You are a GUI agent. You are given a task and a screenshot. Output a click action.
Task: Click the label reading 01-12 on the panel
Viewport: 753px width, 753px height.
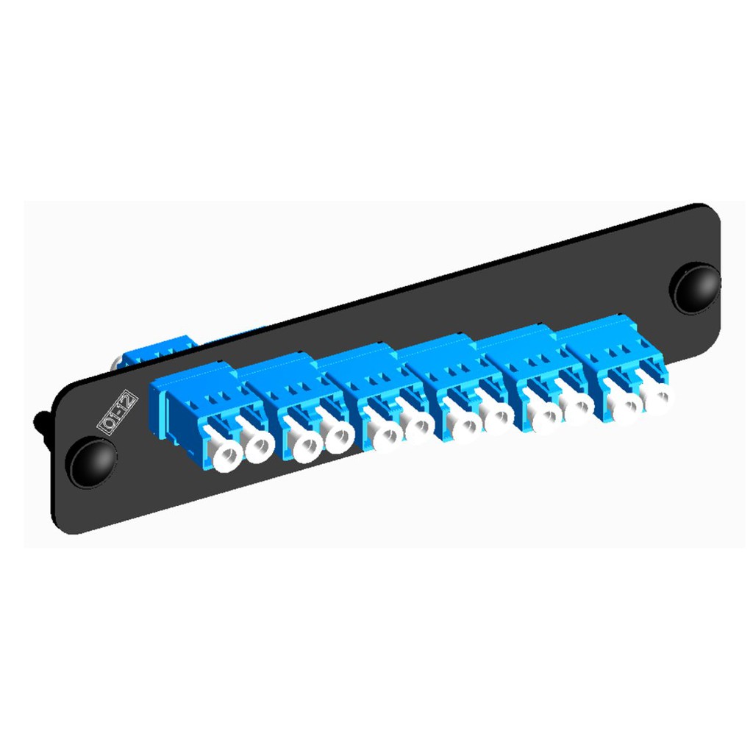pyautogui.click(x=117, y=413)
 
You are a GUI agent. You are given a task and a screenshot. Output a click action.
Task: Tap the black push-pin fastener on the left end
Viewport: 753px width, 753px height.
pyautogui.click(x=91, y=460)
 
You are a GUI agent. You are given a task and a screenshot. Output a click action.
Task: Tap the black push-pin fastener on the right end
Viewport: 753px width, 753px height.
pyautogui.click(x=694, y=288)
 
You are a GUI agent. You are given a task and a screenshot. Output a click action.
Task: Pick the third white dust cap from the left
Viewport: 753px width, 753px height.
pyautogui.click(x=303, y=441)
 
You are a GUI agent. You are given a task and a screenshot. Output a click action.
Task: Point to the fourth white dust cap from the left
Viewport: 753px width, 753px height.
pyautogui.click(x=338, y=434)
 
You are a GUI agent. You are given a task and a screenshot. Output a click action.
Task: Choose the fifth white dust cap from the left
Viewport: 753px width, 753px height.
pyautogui.click(x=385, y=431)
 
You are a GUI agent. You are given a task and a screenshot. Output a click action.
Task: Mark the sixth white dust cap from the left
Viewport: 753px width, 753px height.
pyautogui.click(x=418, y=424)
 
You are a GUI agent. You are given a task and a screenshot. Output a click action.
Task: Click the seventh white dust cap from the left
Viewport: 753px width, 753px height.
pyautogui.click(x=463, y=420)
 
